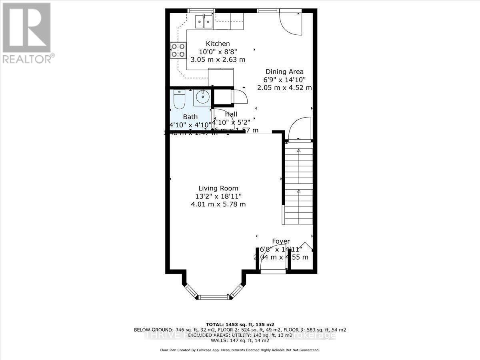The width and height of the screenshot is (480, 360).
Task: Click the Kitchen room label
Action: pos(218,44)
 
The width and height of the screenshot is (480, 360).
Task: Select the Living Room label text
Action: pos(218,188)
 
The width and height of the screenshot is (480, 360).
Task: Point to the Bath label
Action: pos(190,117)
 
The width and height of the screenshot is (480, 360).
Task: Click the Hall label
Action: pos(231,114)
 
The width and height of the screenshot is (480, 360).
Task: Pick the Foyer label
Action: pos(281,241)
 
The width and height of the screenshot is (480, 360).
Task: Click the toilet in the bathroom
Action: pos(178,100)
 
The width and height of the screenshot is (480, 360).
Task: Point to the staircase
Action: pos(298,182)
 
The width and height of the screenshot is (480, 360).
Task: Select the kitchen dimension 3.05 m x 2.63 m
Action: pos(218,60)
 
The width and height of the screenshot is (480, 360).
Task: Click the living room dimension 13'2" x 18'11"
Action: pos(218,196)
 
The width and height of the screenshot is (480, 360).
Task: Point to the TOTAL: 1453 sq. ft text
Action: pos(240,324)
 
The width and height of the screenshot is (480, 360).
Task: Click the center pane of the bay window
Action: pos(214,297)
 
